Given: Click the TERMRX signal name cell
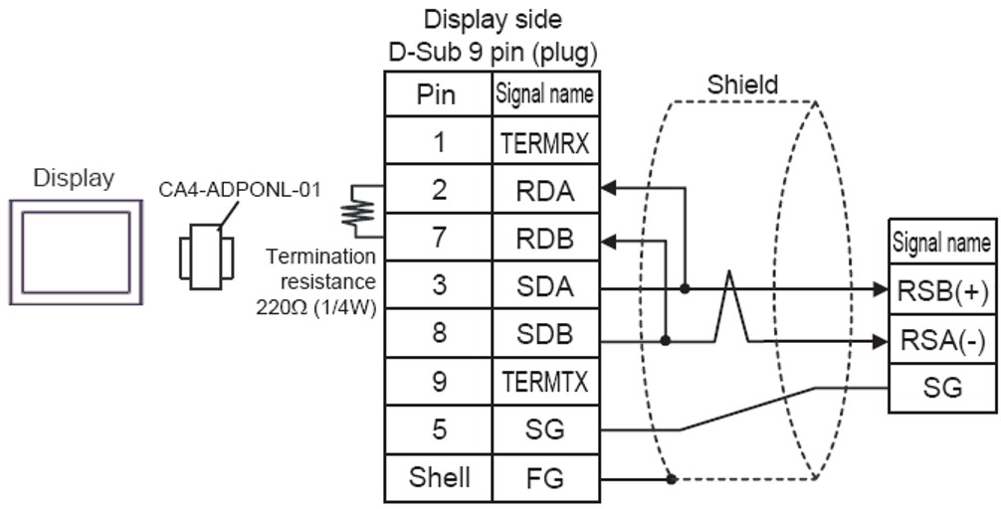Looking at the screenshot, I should click(543, 143).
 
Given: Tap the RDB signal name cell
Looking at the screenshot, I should click(543, 239).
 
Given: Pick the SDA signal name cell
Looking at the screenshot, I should click(543, 286).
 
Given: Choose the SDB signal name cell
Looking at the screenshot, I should click(543, 334).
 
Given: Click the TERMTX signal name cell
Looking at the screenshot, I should click(543, 382).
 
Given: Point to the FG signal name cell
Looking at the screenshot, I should click(543, 478).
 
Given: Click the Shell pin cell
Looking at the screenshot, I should click(439, 478).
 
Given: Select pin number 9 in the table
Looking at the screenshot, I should click(439, 382).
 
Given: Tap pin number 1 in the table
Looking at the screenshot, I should click(439, 143).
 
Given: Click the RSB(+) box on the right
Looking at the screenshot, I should click(941, 290).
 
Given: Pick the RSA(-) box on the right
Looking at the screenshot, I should click(941, 339).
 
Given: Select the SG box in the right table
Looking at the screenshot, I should click(941, 387).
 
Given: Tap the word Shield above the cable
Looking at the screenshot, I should click(742, 85).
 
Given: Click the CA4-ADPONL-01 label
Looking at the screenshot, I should click(241, 190).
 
